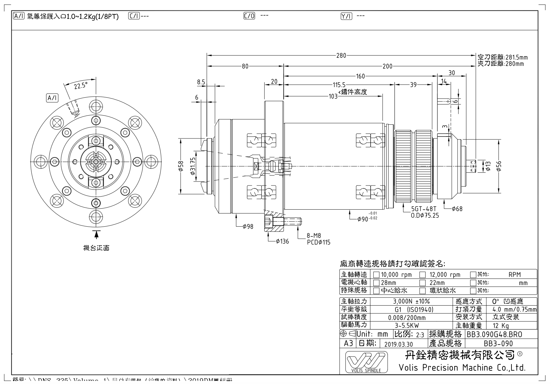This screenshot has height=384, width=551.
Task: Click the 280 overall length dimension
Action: pyautogui.click(x=341, y=56)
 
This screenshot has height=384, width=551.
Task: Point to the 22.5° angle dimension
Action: pyautogui.click(x=80, y=86)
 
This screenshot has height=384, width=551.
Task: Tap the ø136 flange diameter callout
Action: pyautogui.click(x=282, y=242)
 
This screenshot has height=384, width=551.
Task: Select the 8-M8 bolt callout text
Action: pyautogui.click(x=314, y=236)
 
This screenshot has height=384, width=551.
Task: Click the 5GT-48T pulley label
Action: pyautogui.click(x=424, y=209)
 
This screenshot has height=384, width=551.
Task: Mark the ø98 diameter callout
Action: pyautogui.click(x=248, y=227)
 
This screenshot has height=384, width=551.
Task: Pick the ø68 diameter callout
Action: pyautogui.click(x=457, y=209)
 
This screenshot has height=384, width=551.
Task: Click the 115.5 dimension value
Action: pyautogui.click(x=339, y=85)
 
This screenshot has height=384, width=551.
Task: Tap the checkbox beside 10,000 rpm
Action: pyautogui.click(x=376, y=275)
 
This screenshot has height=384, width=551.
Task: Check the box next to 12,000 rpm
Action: pyautogui.click(x=423, y=275)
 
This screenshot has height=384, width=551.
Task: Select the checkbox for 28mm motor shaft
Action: pyautogui.click(x=376, y=283)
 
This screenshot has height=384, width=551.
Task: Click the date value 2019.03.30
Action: pyautogui.click(x=398, y=344)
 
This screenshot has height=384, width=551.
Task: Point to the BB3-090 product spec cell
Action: pyautogui.click(x=498, y=344)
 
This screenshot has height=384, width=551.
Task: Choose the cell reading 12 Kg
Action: pyautogui.click(x=500, y=326)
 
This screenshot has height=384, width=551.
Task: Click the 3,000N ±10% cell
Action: pyautogui.click(x=411, y=301)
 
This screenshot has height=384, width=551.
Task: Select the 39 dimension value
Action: pyautogui.click(x=413, y=85)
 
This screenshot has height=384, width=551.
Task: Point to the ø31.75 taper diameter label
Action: pyautogui.click(x=192, y=167)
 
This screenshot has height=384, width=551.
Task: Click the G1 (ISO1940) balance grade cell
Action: pyautogui.click(x=411, y=310)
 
